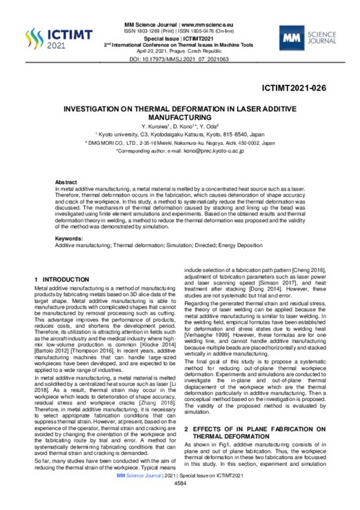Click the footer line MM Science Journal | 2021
pyautogui.click(x=179, y=495)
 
